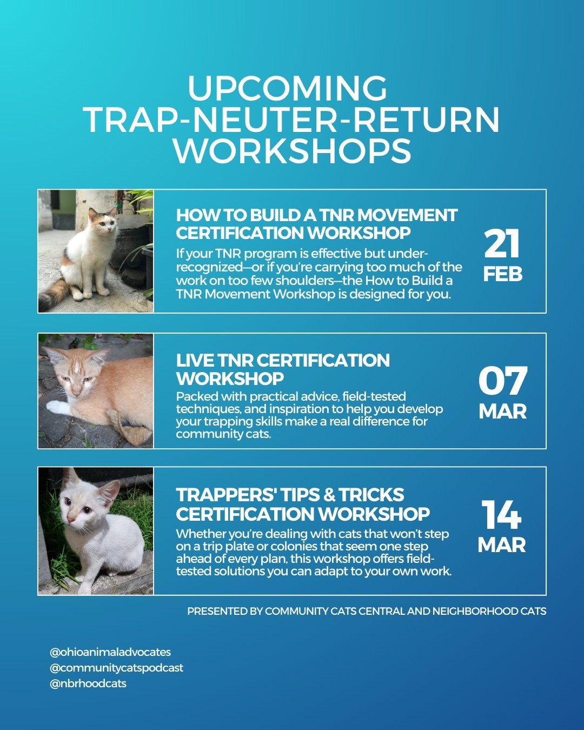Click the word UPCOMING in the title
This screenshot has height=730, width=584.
pos(287,88)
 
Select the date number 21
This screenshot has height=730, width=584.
pos(502,244)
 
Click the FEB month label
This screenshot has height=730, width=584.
pos(502,274)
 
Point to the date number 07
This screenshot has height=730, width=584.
pos(502,381)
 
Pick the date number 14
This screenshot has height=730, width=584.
pos(502,515)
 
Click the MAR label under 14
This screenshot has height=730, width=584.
pos(502,545)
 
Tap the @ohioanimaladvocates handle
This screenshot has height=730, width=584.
pos(110,652)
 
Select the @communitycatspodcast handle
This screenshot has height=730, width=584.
pos(116,668)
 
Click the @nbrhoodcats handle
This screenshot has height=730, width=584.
pos(88,683)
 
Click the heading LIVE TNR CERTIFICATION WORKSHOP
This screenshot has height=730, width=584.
pos(283,369)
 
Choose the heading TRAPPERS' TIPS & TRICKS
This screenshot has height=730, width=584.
pos(290,495)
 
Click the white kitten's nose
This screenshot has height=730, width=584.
pos(70,519)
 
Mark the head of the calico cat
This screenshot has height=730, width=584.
pos(103,223)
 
